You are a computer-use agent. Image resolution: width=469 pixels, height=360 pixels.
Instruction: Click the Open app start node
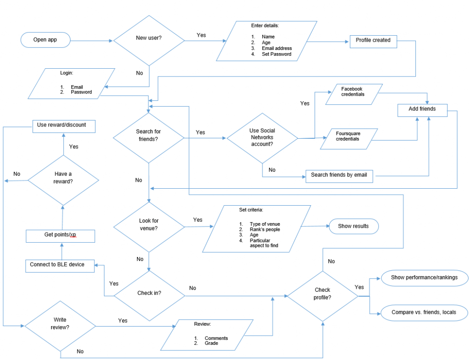click(x=45, y=40)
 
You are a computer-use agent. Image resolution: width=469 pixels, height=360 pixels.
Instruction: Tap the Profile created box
click(x=373, y=41)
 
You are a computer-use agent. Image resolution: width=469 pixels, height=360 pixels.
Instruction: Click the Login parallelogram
click(x=66, y=84)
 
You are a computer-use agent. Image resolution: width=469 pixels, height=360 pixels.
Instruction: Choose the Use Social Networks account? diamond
click(x=262, y=137)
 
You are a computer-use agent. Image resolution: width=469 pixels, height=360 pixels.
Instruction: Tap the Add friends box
click(x=422, y=109)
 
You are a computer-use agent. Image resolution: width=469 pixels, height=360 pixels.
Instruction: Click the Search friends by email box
click(x=339, y=175)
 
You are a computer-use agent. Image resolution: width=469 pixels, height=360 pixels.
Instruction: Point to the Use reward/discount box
click(x=64, y=125)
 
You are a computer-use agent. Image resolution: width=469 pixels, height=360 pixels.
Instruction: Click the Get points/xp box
click(x=60, y=235)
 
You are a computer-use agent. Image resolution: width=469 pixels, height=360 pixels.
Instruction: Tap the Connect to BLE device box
click(x=60, y=265)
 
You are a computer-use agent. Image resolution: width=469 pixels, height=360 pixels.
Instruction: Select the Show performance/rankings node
click(x=424, y=278)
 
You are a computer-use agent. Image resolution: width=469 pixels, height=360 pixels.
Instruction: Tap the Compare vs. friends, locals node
click(x=423, y=313)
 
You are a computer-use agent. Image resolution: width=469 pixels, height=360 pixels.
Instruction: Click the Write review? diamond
click(x=60, y=326)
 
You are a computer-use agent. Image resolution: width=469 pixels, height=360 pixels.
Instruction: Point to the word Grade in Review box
click(x=211, y=344)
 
